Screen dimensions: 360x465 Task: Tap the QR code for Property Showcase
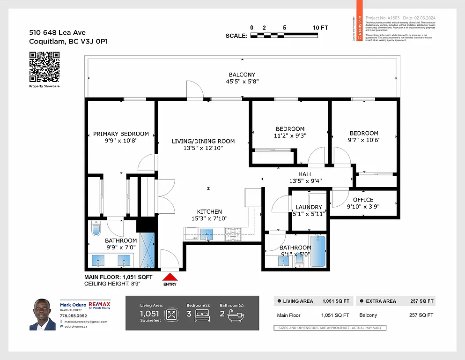[44, 67]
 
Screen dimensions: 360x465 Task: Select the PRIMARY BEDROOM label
[121, 134]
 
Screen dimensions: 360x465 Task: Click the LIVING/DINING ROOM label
[203, 141]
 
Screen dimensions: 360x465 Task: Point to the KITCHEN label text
[209, 212]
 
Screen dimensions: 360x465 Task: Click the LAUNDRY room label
[309, 207]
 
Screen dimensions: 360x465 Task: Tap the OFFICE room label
[363, 200]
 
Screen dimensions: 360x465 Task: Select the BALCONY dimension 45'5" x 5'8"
[242, 82]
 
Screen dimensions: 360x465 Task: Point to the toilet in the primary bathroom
[96, 229]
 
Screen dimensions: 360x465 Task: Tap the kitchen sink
[207, 234]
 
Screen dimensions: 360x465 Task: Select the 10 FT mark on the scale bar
[321, 28]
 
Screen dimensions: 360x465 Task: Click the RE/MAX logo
[100, 306]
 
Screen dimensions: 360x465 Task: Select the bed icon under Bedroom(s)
[202, 314]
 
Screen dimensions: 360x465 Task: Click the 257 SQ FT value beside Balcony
[421, 315]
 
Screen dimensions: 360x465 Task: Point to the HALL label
[305, 174]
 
